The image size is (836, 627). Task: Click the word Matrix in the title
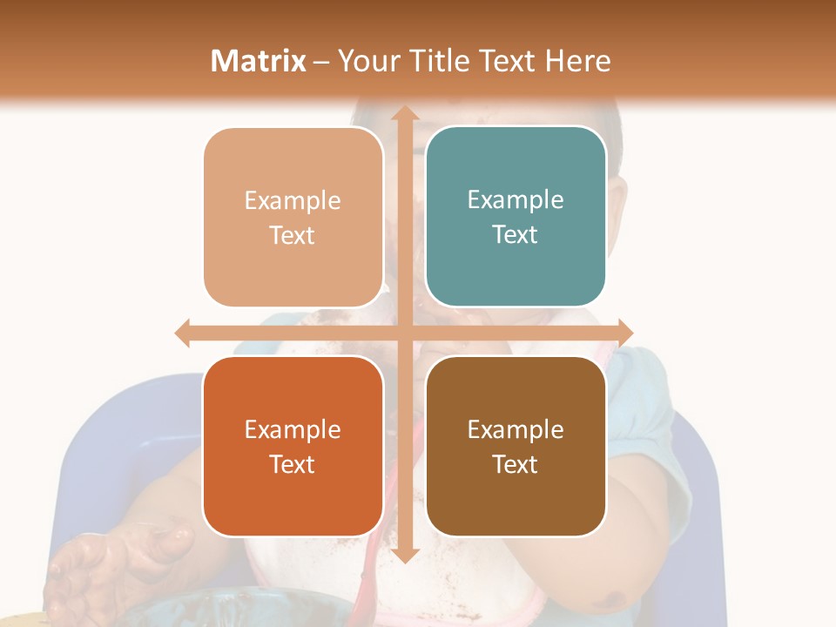coord(259,61)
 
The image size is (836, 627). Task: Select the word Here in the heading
coord(577,61)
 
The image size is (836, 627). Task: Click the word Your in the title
coord(367,61)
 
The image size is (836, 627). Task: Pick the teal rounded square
coord(516,217)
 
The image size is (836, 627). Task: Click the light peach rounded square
coord(293,217)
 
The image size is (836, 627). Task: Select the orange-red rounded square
coord(293,446)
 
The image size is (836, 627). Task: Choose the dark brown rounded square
coord(516,446)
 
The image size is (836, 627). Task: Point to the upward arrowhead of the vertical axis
coord(404,112)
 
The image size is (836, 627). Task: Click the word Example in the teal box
coord(516,199)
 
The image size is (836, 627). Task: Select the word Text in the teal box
coord(516,235)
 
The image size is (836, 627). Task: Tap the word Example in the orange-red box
coord(293,429)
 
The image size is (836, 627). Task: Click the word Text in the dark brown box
coord(516,465)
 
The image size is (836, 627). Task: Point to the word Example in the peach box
coord(293,200)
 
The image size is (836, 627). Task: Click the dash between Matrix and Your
coord(322,62)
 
